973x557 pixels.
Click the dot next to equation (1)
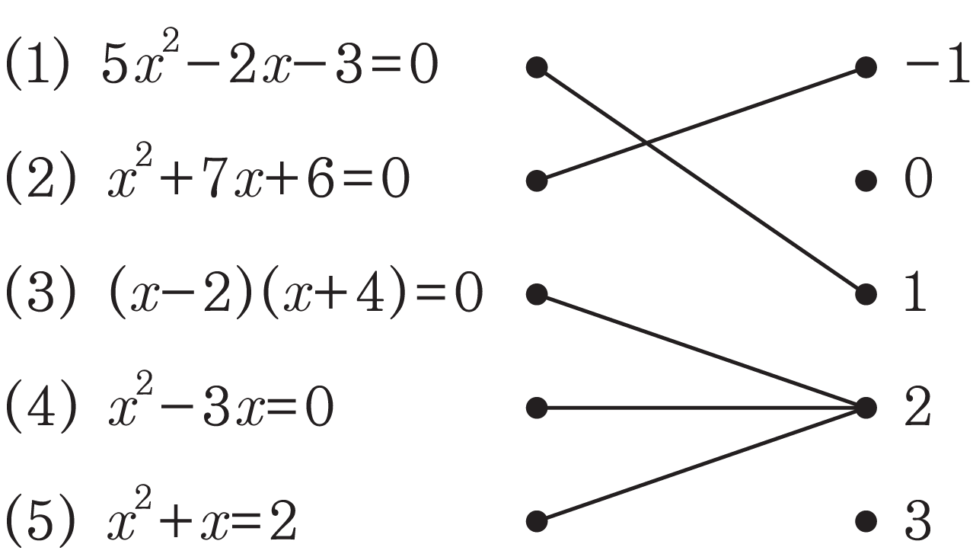537,67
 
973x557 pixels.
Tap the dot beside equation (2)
537,181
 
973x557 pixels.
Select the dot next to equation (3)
537,294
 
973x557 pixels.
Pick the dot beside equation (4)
537,408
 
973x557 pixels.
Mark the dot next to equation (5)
537,521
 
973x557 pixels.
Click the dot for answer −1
866,67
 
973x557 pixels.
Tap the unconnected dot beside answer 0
866,181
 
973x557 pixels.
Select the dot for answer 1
866,294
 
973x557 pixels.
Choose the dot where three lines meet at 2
866,408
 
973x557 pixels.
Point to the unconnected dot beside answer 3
866,521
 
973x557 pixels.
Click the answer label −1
937,66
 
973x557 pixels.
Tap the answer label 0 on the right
918,179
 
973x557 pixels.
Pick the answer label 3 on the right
918,520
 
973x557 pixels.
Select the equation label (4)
41,407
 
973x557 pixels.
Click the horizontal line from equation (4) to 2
701,408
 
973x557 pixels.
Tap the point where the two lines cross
647,142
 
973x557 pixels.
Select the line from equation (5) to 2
701,464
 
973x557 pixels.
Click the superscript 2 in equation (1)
171,40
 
